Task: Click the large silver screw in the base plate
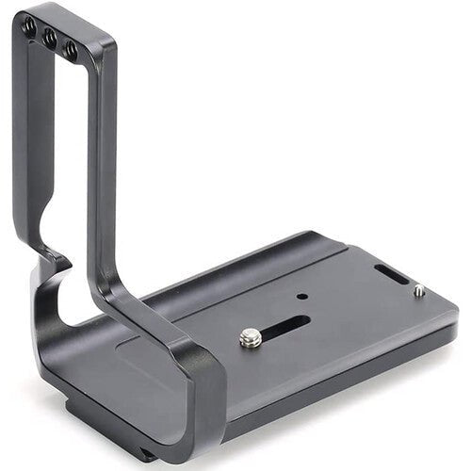[x=250, y=337]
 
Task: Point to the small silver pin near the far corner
[x=417, y=291]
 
